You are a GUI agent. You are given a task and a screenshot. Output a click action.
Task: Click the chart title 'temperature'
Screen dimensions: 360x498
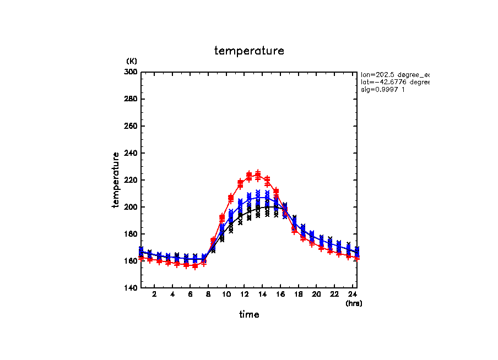pos(249,51)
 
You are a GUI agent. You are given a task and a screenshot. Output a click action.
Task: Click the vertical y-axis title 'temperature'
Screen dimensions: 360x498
pos(116,180)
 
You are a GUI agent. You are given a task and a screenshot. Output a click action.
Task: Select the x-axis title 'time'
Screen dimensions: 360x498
pos(249,315)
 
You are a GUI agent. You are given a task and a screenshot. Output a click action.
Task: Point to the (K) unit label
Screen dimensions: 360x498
pos(132,61)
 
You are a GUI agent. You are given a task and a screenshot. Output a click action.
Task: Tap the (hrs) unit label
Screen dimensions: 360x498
pos(354,303)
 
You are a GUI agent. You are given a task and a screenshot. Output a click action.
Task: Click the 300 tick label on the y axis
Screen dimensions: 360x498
pos(132,72)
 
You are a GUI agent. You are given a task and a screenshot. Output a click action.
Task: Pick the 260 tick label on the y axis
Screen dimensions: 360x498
pos(132,126)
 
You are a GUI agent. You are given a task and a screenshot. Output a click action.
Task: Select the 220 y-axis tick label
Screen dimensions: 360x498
pos(132,180)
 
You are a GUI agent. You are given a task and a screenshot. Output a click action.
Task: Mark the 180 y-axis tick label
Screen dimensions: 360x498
pos(132,234)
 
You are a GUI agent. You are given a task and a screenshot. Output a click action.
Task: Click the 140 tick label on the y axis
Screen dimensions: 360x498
pos(132,288)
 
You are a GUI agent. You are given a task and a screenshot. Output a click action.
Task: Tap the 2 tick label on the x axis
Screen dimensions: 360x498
pos(154,294)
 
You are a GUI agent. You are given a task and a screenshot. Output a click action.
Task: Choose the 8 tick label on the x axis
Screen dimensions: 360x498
pos(208,294)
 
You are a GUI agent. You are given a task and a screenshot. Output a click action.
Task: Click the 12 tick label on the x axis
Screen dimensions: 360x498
pos(244,294)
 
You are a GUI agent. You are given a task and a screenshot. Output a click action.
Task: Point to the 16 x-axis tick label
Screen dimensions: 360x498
pos(280,294)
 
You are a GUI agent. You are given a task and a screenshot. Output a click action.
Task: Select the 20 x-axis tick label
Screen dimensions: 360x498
pos(316,294)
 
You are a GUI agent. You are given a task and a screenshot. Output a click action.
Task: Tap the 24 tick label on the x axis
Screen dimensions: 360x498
pos(352,294)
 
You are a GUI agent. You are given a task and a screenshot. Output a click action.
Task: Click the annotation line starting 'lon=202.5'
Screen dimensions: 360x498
pos(394,74)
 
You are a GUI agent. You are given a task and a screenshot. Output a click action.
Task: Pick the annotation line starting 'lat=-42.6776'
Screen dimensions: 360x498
pos(394,82)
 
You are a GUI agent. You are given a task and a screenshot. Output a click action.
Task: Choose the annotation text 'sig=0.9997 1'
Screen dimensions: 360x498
pos(383,90)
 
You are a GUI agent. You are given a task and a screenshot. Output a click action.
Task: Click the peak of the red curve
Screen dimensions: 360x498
pos(258,174)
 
